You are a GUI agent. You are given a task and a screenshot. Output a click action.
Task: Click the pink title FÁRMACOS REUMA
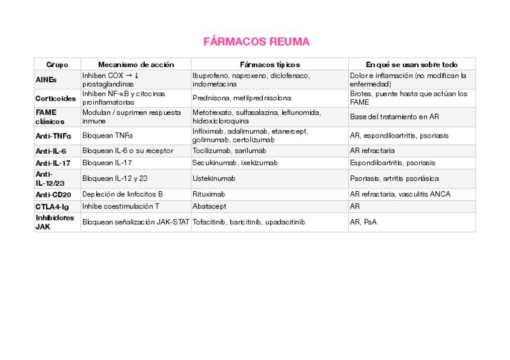click(x=256, y=42)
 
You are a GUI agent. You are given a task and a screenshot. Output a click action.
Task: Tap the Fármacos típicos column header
click(x=269, y=64)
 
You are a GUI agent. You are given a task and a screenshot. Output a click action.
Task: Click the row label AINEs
click(x=46, y=79)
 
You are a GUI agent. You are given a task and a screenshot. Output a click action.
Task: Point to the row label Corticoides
click(x=55, y=98)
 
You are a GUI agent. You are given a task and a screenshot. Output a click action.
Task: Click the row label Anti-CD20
click(x=54, y=195)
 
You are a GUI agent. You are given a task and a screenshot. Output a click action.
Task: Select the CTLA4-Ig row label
click(x=52, y=207)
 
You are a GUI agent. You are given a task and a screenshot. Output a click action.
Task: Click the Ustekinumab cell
click(x=214, y=178)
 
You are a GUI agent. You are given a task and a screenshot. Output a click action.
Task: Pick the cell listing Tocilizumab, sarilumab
click(x=229, y=151)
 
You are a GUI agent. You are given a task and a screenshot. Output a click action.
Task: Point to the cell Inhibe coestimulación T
click(x=121, y=207)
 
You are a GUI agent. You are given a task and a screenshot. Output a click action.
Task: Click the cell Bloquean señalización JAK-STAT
click(x=136, y=222)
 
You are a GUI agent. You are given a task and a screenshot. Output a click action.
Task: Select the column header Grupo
click(x=57, y=64)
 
